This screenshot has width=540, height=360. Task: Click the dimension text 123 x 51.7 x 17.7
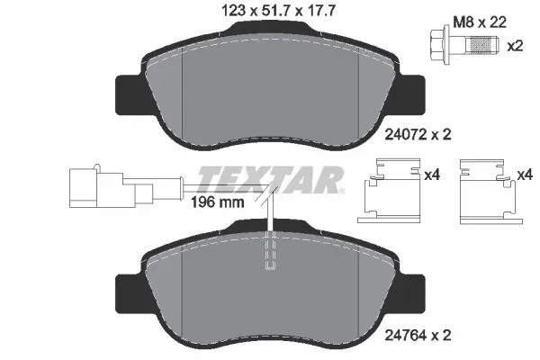pyautogui.click(x=277, y=11)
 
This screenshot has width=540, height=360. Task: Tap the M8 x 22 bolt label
pyautogui.click(x=480, y=22)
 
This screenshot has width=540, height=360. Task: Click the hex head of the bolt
pyautogui.click(x=438, y=45)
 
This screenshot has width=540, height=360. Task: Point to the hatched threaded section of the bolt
pyautogui.click(x=481, y=45)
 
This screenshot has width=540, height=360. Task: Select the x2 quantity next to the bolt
pyautogui.click(x=515, y=46)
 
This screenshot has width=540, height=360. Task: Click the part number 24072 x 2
pyautogui.click(x=418, y=134)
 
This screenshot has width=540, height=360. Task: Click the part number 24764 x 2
pyautogui.click(x=418, y=335)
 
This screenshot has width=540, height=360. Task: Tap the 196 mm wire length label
pyautogui.click(x=217, y=202)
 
